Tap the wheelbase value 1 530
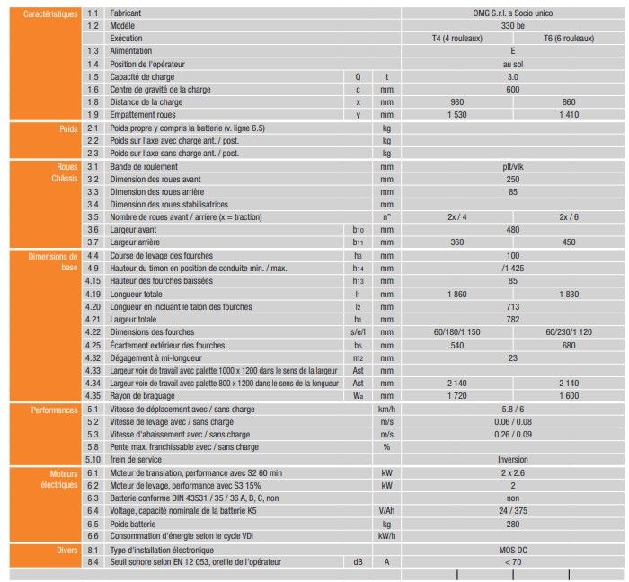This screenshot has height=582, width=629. point(456,115)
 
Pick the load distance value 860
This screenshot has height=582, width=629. point(568,102)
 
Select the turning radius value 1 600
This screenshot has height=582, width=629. point(568,394)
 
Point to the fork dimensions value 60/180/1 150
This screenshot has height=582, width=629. point(456,331)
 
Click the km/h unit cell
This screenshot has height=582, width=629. point(387,409)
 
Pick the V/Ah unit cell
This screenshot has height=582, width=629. point(387,510)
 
